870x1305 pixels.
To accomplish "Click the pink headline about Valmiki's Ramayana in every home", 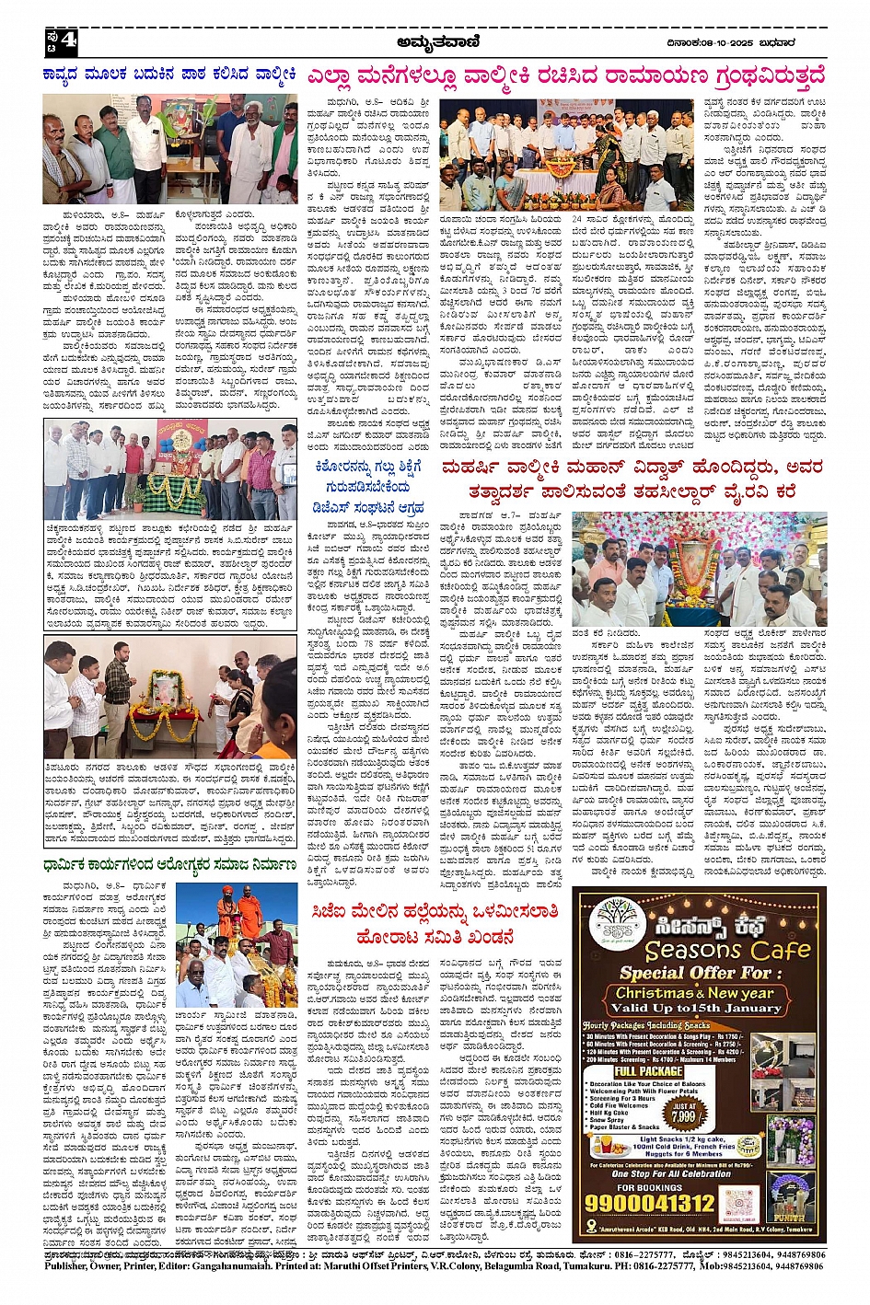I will point(566,75).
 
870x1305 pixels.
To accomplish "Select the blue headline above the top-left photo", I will point(169,74).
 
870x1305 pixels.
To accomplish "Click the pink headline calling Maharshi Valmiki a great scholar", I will point(631,479).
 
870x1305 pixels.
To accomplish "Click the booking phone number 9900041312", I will point(650,1203).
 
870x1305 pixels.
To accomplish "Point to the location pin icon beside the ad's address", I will point(586,1230).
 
